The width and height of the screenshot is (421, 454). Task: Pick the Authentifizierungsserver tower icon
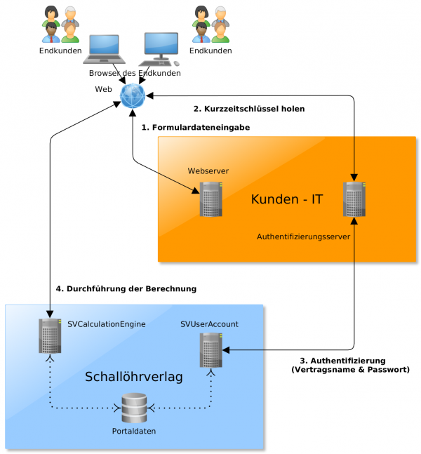354,199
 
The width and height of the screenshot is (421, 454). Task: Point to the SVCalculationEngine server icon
50,335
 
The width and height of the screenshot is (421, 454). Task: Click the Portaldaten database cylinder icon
133,408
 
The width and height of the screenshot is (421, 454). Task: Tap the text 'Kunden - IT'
286,199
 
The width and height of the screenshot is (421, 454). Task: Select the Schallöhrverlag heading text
133,377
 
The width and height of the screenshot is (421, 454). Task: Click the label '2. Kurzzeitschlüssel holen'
248,109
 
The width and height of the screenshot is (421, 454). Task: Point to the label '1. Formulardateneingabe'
196,128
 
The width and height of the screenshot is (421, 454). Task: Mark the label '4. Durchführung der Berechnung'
126,288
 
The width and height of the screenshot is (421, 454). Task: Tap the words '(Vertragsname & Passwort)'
349,369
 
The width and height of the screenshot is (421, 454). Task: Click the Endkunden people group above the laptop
60,25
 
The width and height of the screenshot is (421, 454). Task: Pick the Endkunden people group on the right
210,25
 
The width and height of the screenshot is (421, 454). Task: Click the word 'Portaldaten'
133,430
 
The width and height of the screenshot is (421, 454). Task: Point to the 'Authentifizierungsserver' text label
304,236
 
